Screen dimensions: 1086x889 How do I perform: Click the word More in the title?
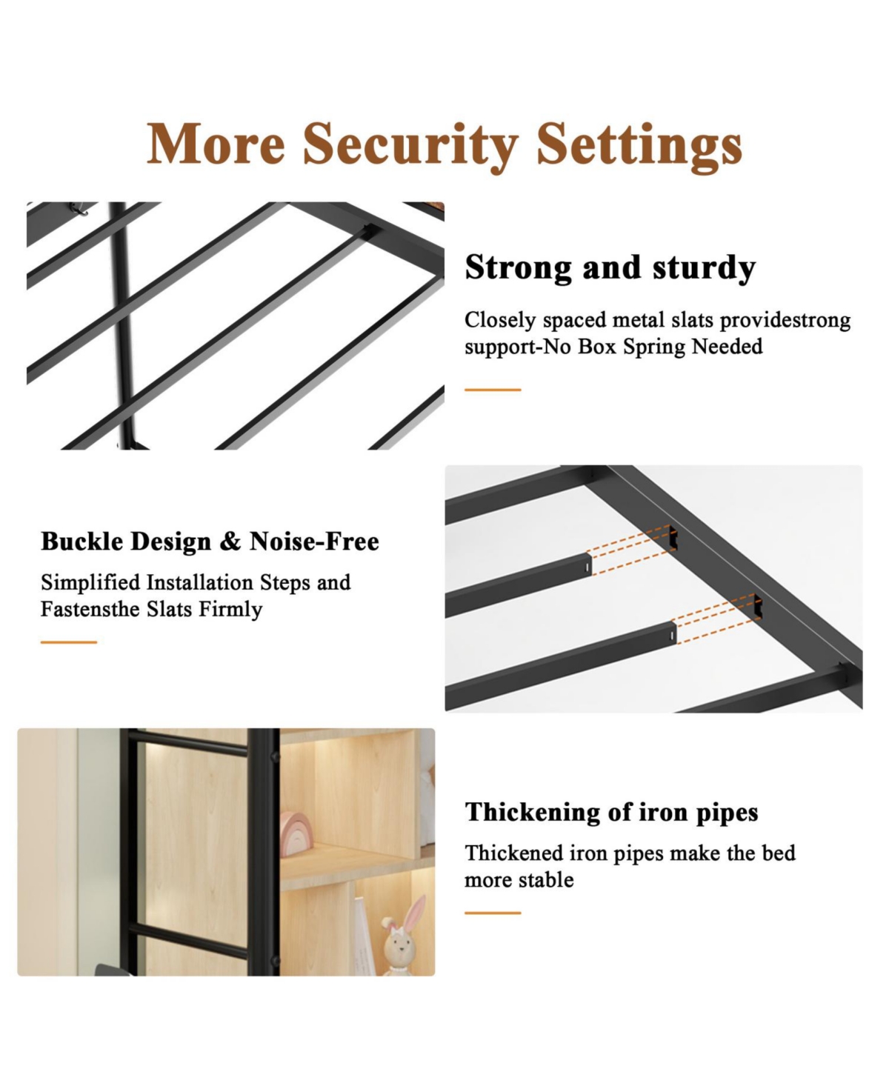click(x=216, y=143)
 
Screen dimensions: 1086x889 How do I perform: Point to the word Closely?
click(x=500, y=321)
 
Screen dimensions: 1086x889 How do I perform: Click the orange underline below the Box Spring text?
click(x=493, y=390)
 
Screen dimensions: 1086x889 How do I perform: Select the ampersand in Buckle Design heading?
click(x=230, y=542)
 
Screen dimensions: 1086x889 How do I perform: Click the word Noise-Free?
click(x=314, y=542)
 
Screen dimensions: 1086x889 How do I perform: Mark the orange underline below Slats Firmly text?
click(x=69, y=642)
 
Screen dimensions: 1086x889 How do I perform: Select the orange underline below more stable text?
click(x=493, y=913)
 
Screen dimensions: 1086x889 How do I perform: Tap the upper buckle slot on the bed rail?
click(x=673, y=538)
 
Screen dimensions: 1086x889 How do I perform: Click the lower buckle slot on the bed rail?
click(x=758, y=606)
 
